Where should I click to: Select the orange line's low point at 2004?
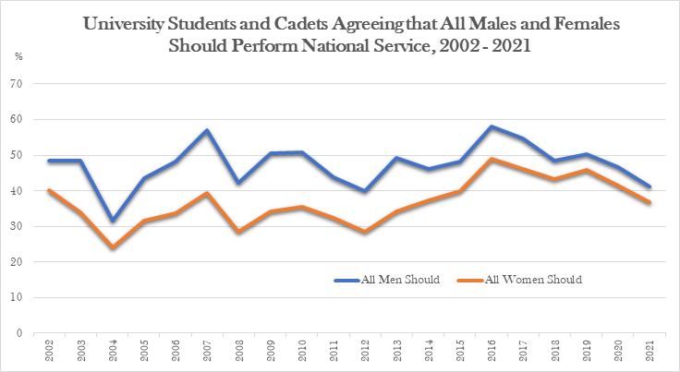pyautogui.click(x=113, y=247)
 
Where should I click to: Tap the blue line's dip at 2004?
pyautogui.click(x=113, y=221)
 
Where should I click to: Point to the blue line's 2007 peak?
pyautogui.click(x=207, y=130)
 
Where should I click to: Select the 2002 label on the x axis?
pyautogui.click(x=50, y=352)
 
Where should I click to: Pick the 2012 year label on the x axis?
pyautogui.click(x=365, y=352)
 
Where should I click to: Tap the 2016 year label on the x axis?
pyautogui.click(x=492, y=352)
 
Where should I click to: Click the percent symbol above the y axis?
pyautogui.click(x=18, y=57)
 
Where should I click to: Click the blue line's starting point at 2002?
pyautogui.click(x=50, y=161)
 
